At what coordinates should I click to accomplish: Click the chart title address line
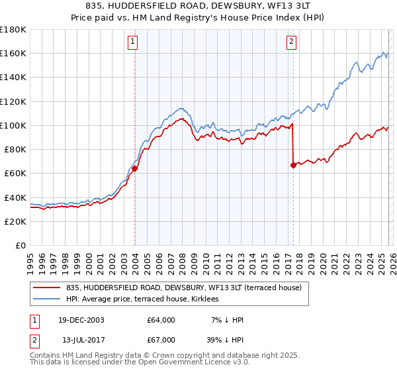[198, 6]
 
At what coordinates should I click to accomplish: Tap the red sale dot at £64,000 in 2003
[134, 168]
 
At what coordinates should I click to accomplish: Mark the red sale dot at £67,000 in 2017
[293, 165]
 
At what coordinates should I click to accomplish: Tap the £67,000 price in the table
[161, 339]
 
